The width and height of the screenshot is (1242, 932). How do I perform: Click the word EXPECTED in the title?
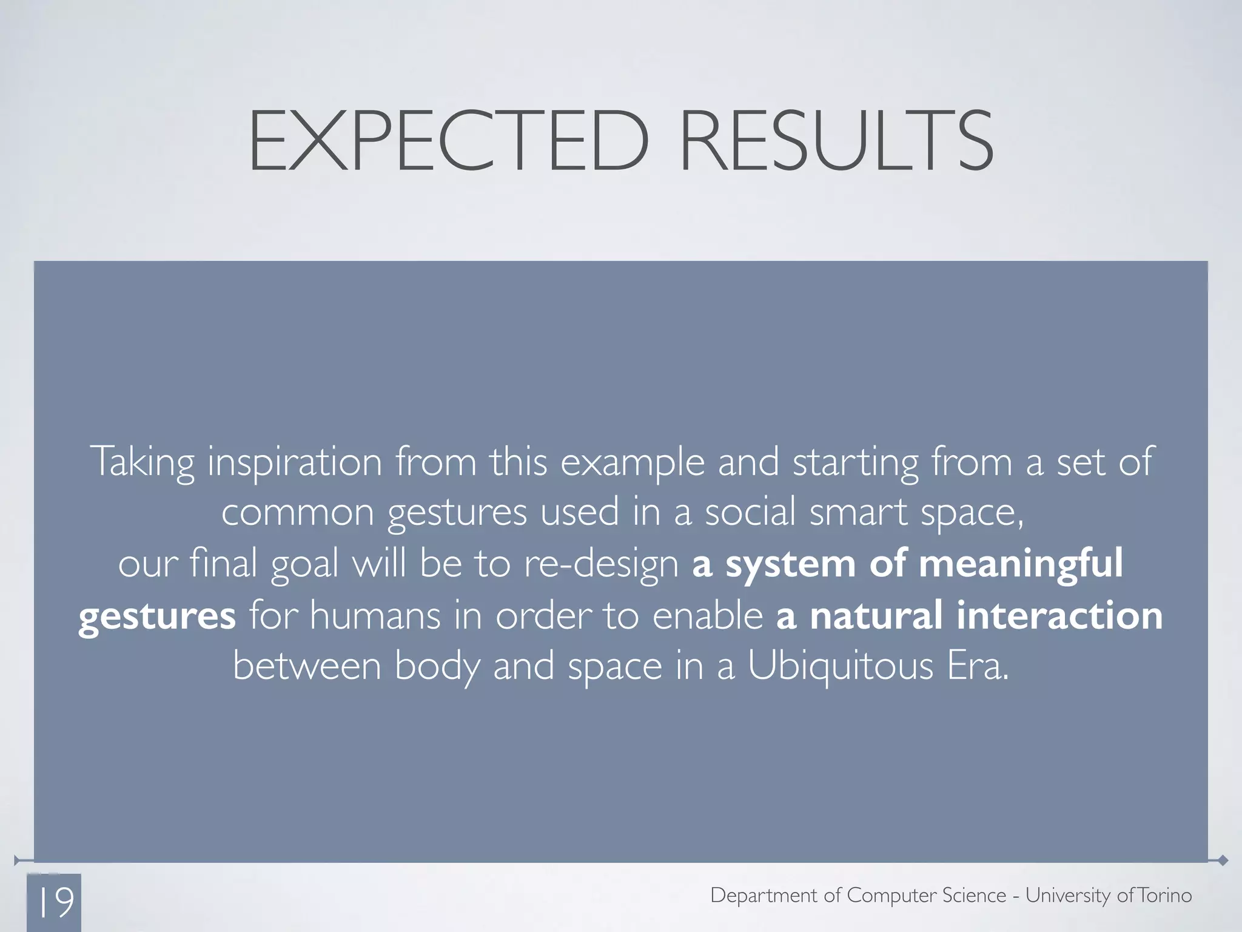click(449, 141)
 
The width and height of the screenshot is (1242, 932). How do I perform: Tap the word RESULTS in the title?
click(837, 141)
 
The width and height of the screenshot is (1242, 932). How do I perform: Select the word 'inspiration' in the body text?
click(295, 462)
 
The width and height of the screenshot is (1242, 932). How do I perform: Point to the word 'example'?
click(633, 462)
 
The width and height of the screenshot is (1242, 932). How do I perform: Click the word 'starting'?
click(855, 462)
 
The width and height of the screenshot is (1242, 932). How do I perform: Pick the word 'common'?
click(298, 512)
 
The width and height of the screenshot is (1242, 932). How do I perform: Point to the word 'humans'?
click(375, 615)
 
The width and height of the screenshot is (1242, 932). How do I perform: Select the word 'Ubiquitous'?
click(840, 667)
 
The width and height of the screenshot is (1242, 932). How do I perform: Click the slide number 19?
click(56, 902)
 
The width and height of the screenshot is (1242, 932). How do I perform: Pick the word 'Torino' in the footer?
click(1165, 895)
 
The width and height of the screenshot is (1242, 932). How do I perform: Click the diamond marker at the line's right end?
click(1223, 860)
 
